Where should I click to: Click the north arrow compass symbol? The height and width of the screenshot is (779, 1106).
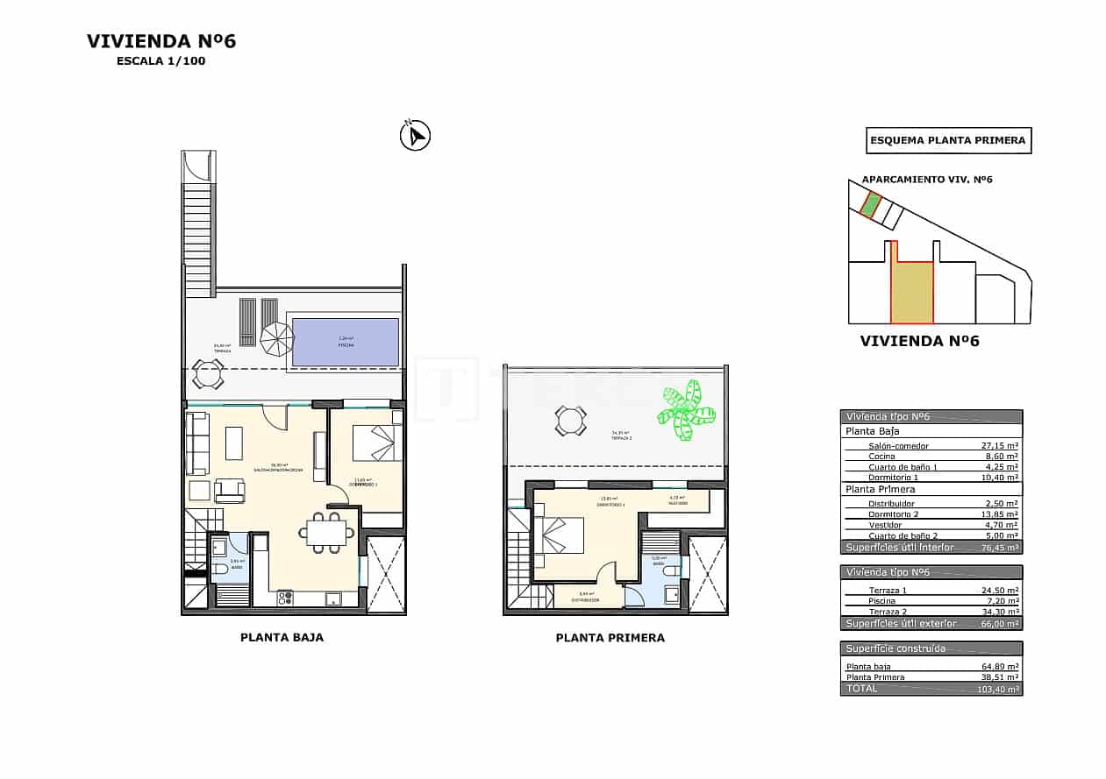pyautogui.click(x=415, y=136)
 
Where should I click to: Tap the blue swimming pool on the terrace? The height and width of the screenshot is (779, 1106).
pyautogui.click(x=345, y=342)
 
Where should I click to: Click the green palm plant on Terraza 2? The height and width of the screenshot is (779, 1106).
pyautogui.click(x=686, y=410)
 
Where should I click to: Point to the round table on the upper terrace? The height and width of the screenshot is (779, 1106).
pyautogui.click(x=570, y=421)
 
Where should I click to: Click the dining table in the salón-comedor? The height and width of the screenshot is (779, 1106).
pyautogui.click(x=326, y=532)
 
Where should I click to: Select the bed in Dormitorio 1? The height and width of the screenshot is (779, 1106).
pyautogui.click(x=377, y=443)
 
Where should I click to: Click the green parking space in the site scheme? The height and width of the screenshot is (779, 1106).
pyautogui.click(x=870, y=205)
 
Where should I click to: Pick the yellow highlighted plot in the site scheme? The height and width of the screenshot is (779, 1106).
pyautogui.click(x=912, y=291)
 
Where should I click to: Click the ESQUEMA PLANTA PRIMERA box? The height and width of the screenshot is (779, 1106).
pyautogui.click(x=948, y=140)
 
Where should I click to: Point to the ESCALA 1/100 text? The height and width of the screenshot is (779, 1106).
pyautogui.click(x=161, y=61)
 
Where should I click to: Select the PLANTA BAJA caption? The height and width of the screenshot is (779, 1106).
pyautogui.click(x=282, y=638)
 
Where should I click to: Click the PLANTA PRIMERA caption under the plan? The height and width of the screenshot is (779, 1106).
pyautogui.click(x=610, y=638)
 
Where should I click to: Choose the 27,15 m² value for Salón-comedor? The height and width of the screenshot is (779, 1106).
pyautogui.click(x=999, y=445)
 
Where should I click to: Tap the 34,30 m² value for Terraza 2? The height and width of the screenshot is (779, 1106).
pyautogui.click(x=999, y=612)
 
